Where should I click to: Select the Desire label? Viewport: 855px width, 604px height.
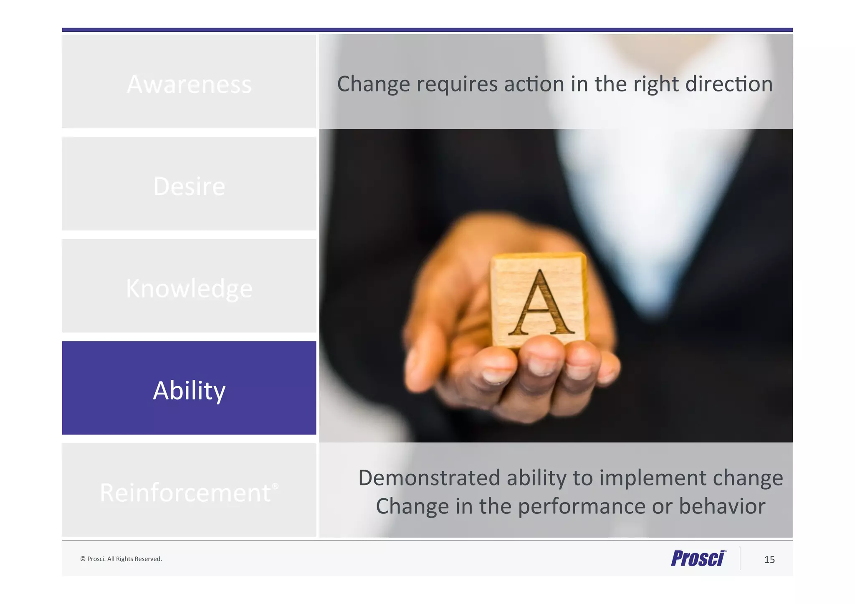pos(189,186)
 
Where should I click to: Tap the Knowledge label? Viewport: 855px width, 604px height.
pos(189,288)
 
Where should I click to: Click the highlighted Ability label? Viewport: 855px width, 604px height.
pos(189,390)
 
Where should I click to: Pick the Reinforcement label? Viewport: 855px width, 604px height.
pos(186,493)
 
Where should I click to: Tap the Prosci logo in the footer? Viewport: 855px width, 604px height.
pos(698,558)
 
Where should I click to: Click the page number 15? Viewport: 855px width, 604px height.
pos(769,559)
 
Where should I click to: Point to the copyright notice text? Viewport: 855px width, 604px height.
pos(121,559)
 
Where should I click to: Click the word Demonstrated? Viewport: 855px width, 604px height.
pos(429,478)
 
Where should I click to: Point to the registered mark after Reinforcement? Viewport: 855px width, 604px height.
pos(275,486)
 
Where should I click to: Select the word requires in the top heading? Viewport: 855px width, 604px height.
pos(457,84)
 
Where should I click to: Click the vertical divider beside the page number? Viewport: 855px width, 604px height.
pos(740,558)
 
